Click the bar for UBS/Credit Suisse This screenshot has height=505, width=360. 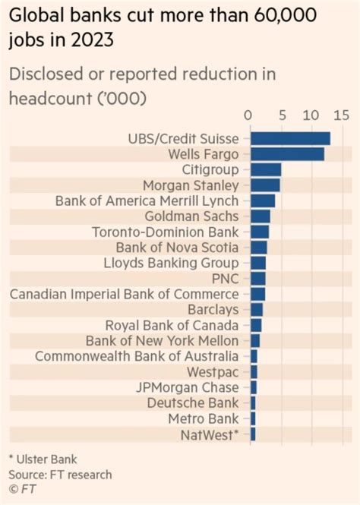click(290, 138)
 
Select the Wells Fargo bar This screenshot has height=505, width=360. click(287, 154)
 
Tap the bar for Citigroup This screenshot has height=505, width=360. click(266, 169)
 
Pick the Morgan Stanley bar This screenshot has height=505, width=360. click(265, 185)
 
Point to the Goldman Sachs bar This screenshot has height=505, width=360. click(260, 216)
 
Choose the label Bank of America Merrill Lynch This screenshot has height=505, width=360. click(147, 200)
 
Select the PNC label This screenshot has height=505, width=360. click(226, 279)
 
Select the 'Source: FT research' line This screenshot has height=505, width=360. click(60, 474)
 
